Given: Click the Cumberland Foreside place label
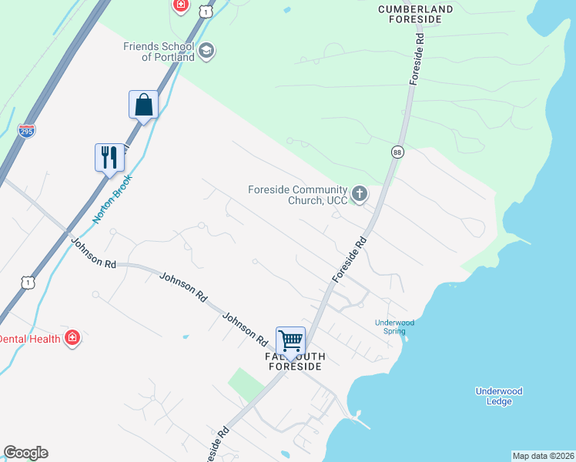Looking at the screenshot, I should tap(416, 15).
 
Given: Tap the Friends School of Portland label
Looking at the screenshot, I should tap(158, 52).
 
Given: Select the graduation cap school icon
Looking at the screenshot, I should tap(206, 52).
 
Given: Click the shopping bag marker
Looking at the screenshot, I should tap(143, 105).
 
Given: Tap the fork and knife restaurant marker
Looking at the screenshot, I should tap(109, 158).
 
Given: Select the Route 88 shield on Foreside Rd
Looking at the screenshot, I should tap(397, 152).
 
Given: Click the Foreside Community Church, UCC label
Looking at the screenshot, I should tap(296, 195).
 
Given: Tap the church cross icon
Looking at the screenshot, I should tap(360, 195).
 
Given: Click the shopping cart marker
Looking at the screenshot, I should tap(291, 340).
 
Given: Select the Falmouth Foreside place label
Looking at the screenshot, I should tap(296, 362).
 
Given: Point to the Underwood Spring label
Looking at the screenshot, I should tap(394, 326).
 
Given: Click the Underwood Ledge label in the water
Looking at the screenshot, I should tap(499, 397).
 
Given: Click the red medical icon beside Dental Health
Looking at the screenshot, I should tap(72, 338).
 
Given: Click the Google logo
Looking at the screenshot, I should tap(25, 453).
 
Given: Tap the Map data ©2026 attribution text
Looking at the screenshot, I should tap(544, 456).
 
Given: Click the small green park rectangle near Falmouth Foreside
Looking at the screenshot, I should tap(246, 383).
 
